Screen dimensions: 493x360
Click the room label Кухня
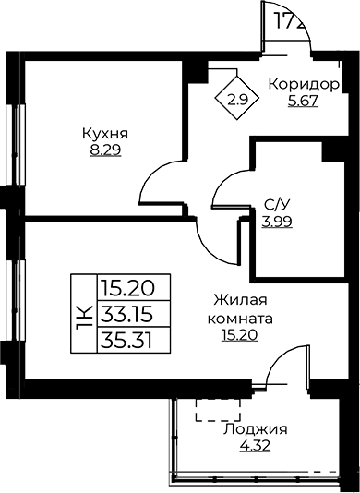click(103, 133)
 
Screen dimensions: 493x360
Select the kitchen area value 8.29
click(103, 148)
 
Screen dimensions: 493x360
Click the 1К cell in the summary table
click(82, 316)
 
